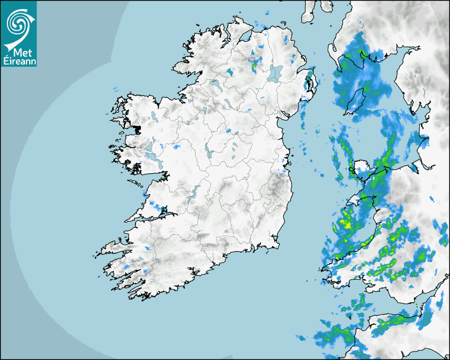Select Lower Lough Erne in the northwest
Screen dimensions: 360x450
pyautogui.click(x=214, y=84)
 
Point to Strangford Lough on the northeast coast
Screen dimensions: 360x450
pyautogui.click(x=309, y=83)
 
